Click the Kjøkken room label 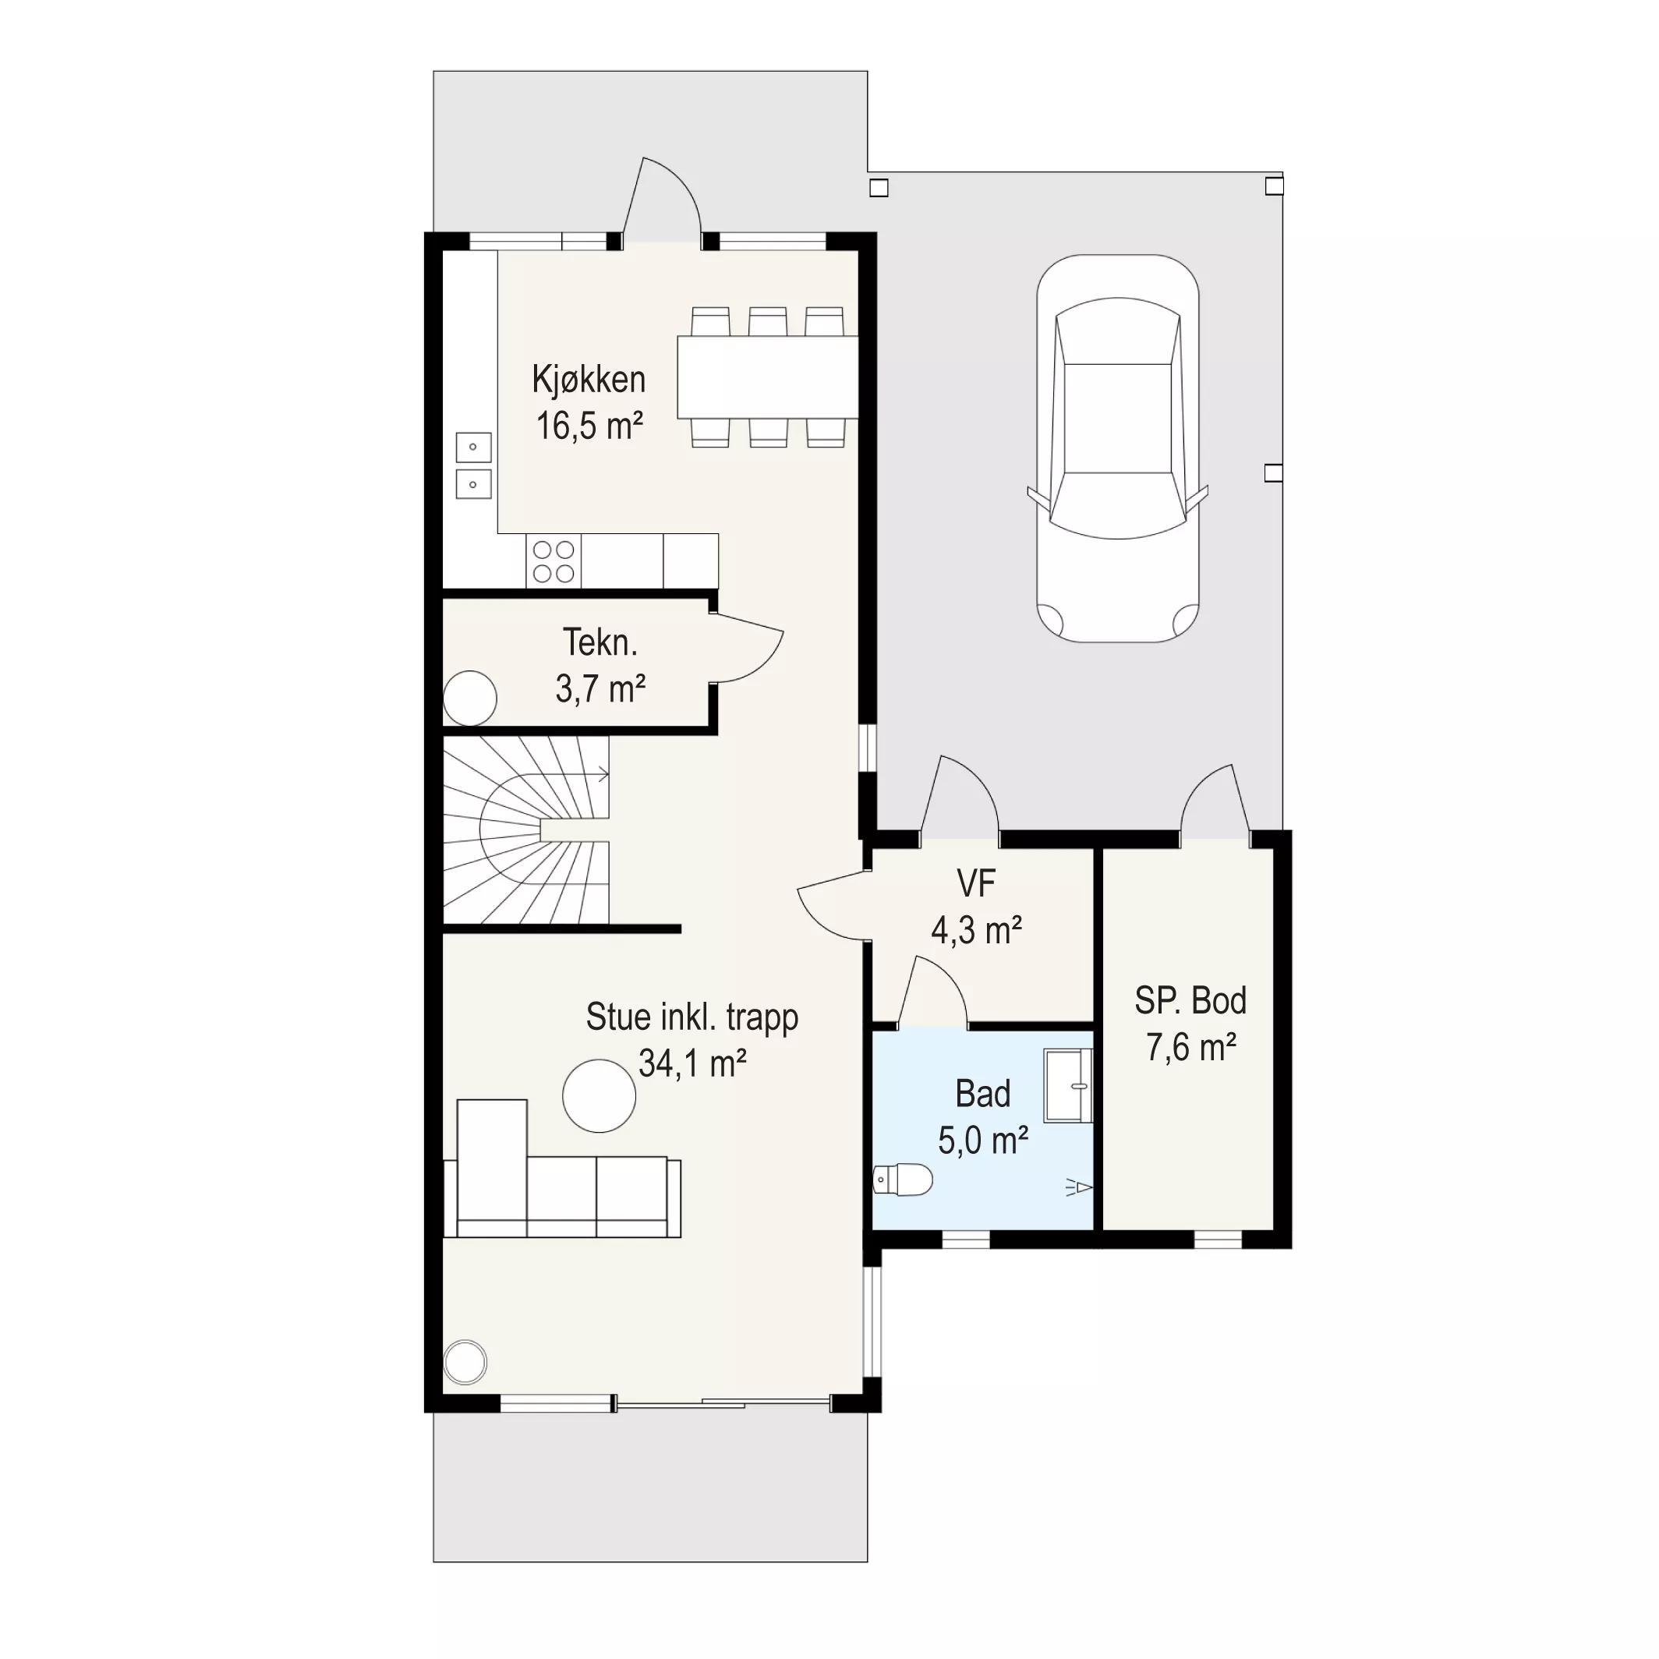point(589,380)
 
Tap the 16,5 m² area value point(590,426)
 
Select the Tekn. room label point(600,642)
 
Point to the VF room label point(976,883)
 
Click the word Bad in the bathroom point(983,1094)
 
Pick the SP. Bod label point(1190,1000)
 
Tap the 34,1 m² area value point(692,1064)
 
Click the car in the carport point(1117,448)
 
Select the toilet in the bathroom point(903,1180)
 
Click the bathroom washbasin point(1068,1085)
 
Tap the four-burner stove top point(553,561)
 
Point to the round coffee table point(600,1095)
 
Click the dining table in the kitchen point(768,377)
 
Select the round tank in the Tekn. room point(469,698)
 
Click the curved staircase point(525,829)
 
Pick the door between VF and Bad point(932,992)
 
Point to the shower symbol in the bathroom point(1080,1187)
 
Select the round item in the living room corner point(465,1362)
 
